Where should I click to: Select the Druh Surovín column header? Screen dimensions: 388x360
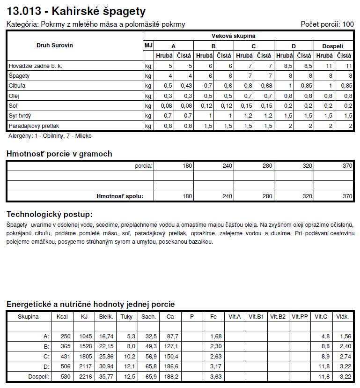(x=55, y=45)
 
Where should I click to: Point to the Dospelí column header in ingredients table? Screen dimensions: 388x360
(x=333, y=46)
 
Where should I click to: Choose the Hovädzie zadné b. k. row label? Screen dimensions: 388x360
(x=35, y=66)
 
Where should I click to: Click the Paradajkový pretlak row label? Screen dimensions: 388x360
(x=34, y=126)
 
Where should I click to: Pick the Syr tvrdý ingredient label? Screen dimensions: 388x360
(x=20, y=116)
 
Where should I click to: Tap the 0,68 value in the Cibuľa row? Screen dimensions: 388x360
(x=266, y=86)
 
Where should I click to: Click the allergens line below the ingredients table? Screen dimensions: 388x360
(x=50, y=136)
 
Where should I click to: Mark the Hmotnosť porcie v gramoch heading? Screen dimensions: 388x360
(x=59, y=154)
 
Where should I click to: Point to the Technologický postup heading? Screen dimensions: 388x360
(x=49, y=214)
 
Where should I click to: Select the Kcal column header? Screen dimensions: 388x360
(x=62, y=317)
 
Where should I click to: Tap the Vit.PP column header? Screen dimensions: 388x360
(x=300, y=317)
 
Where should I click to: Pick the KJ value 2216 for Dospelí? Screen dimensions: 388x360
(x=84, y=376)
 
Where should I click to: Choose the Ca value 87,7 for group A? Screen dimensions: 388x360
(x=172, y=336)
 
